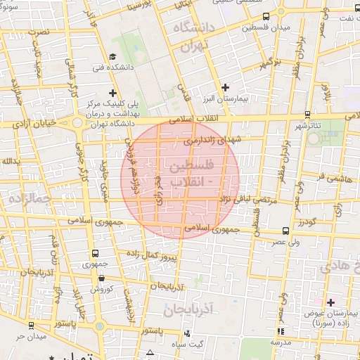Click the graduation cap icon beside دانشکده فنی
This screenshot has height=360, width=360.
[x=113, y=57]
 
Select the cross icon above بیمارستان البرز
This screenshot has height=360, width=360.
[x=225, y=88]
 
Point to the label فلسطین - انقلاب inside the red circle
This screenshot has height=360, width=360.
[x=190, y=173]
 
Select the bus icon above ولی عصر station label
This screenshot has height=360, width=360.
[x=285, y=231]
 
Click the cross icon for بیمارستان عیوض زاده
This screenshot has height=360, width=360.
[x=330, y=302]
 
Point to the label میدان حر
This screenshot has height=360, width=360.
[x=32, y=336]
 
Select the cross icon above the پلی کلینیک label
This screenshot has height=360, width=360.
[x=113, y=93]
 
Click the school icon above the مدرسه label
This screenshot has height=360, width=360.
[x=281, y=331]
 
